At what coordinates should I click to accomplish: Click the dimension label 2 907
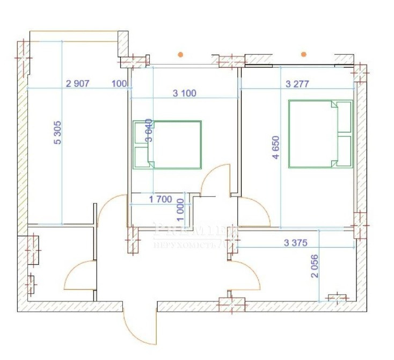click(x=77, y=83)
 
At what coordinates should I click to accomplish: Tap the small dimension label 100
click(x=119, y=83)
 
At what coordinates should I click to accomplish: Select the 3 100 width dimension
click(x=184, y=93)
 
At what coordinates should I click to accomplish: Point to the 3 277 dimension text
click(x=299, y=83)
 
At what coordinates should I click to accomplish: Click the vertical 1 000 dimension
click(x=180, y=207)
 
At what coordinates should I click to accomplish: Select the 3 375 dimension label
click(x=295, y=243)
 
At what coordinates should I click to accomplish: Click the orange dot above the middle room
click(x=181, y=54)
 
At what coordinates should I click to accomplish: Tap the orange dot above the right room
click(x=304, y=54)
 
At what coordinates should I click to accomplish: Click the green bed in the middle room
click(x=167, y=145)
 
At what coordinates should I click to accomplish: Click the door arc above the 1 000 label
click(x=215, y=180)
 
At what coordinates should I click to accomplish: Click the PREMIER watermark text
click(x=196, y=230)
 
